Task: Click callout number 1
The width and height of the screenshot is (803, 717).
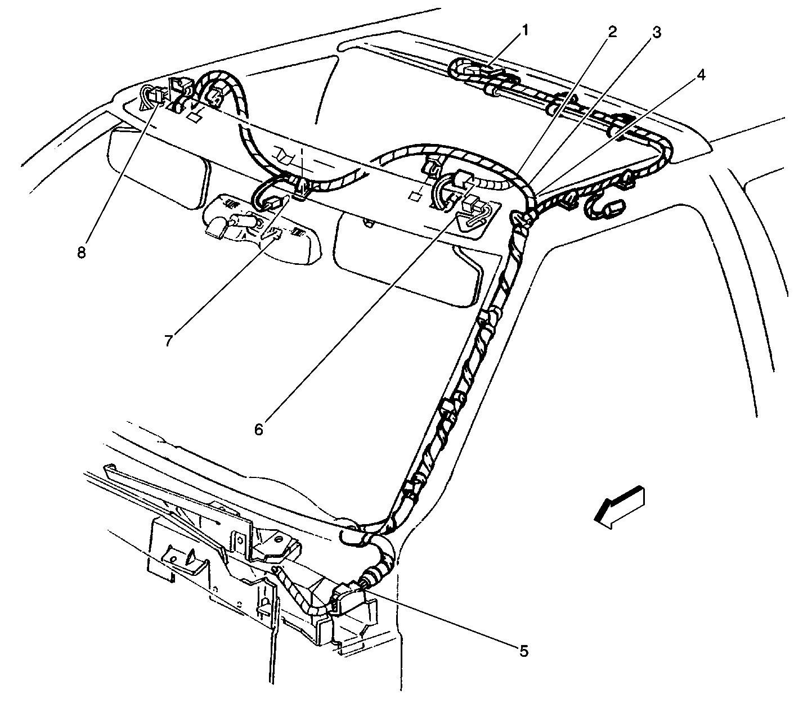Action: click(524, 30)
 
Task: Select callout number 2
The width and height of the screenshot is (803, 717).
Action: click(612, 32)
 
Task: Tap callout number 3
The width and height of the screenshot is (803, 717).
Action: click(656, 32)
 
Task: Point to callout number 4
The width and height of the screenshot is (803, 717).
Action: click(701, 74)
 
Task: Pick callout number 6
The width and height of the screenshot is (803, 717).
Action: click(258, 430)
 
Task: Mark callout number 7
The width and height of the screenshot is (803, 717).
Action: click(169, 340)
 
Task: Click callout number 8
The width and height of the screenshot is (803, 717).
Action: click(81, 252)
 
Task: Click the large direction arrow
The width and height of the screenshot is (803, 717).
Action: click(619, 508)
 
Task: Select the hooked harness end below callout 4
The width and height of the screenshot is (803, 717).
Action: click(604, 206)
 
